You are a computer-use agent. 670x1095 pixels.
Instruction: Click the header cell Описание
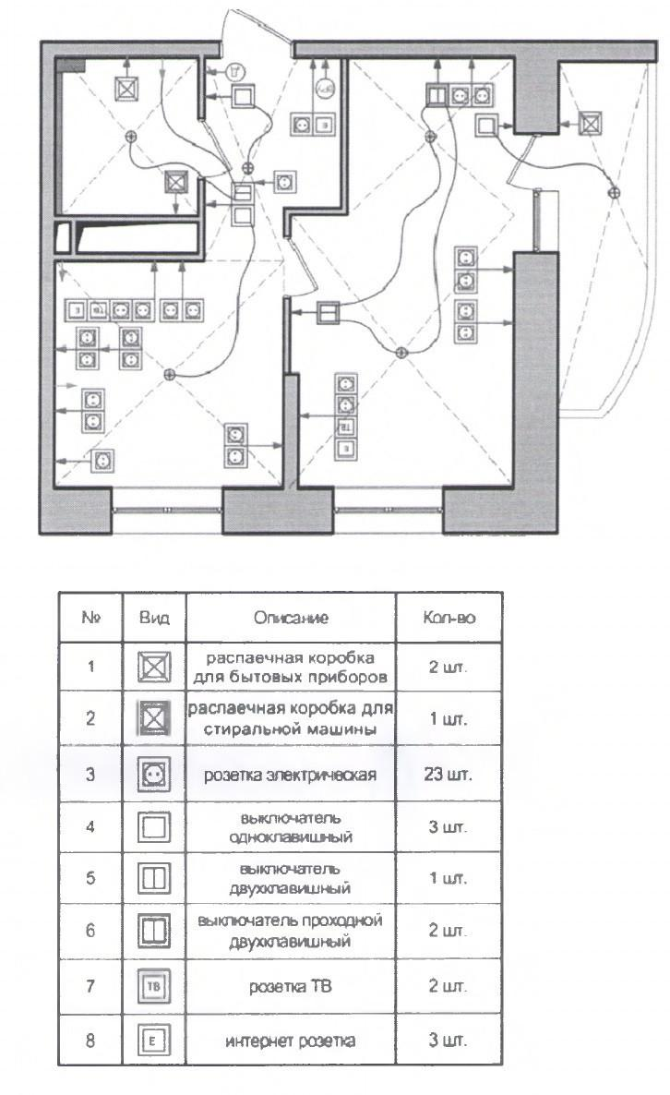tap(291, 617)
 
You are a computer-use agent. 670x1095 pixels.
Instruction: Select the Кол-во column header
tap(449, 617)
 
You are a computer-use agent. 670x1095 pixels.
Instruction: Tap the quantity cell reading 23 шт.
tap(449, 774)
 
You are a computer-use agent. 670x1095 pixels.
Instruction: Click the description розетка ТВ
tap(291, 987)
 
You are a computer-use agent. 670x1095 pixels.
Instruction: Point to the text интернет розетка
tap(291, 1041)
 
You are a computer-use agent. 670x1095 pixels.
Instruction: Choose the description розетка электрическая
tap(291, 774)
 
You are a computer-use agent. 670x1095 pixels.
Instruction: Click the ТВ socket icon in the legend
tap(154, 987)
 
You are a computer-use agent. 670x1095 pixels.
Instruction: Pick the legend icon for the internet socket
tap(154, 1041)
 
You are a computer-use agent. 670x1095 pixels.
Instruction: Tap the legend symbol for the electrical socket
tap(154, 774)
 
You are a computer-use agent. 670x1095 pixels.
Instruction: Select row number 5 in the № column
tap(90, 879)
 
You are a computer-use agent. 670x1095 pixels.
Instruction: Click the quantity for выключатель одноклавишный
tap(449, 826)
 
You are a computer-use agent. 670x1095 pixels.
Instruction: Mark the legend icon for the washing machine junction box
tap(154, 718)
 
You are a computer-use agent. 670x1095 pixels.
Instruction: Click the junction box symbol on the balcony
tap(590, 122)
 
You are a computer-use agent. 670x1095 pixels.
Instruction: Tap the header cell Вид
tap(154, 617)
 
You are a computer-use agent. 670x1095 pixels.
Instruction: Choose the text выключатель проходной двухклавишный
tap(291, 932)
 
